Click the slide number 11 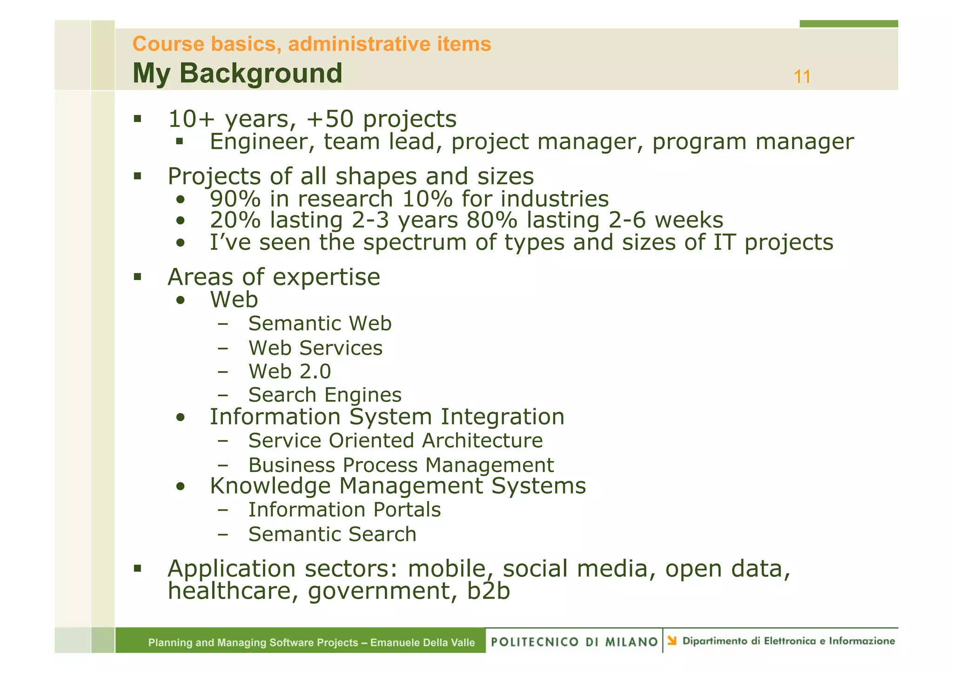pyautogui.click(x=802, y=77)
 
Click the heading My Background pyautogui.click(x=237, y=73)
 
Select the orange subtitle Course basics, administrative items pyautogui.click(x=311, y=44)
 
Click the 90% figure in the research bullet pyautogui.click(x=235, y=199)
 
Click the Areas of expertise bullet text pyautogui.click(x=274, y=277)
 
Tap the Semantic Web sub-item pyautogui.click(x=320, y=324)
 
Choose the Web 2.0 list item pyautogui.click(x=289, y=372)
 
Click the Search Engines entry pyautogui.click(x=324, y=395)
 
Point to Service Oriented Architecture pyautogui.click(x=395, y=441)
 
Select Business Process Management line pyautogui.click(x=401, y=465)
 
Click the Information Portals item pyautogui.click(x=344, y=510)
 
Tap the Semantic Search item pyautogui.click(x=332, y=534)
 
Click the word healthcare pyautogui.click(x=231, y=592)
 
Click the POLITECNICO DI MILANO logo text pyautogui.click(x=574, y=642)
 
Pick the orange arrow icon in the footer pyautogui.click(x=671, y=641)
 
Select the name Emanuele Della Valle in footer pyautogui.click(x=423, y=643)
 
